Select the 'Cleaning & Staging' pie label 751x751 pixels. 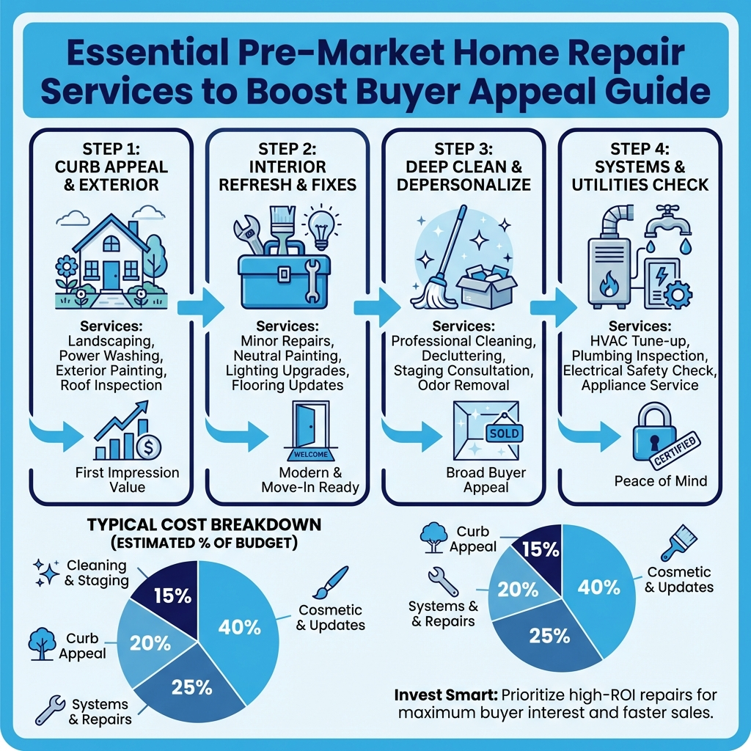tap(96, 574)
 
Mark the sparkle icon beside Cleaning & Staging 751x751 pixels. tap(47, 571)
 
